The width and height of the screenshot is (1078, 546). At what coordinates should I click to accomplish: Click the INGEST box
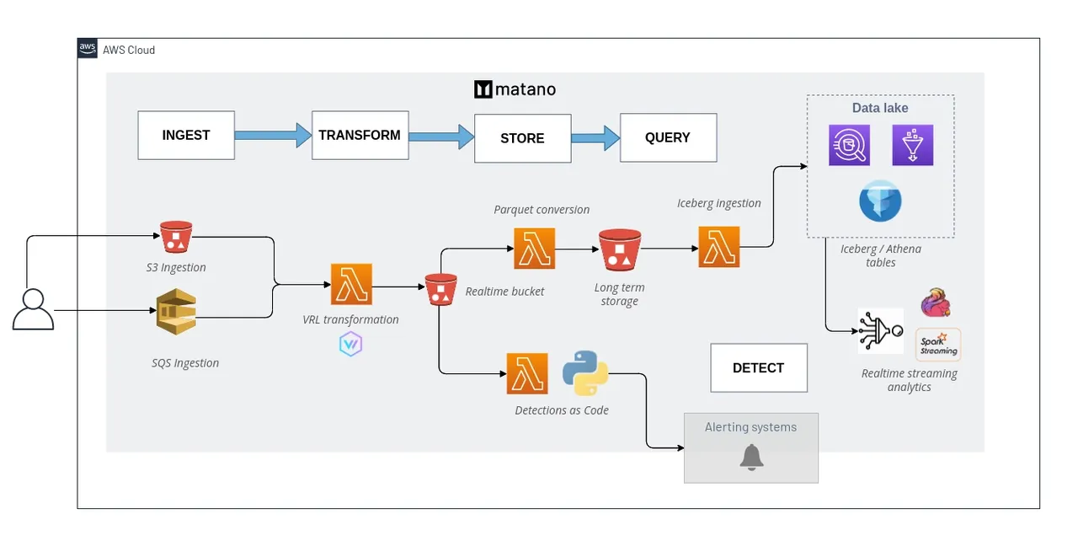click(x=186, y=136)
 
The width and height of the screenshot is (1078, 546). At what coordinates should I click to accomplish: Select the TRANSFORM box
click(x=360, y=136)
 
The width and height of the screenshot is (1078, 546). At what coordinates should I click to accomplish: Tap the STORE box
click(x=523, y=138)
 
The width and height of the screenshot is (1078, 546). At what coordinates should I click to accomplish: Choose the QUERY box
click(x=668, y=137)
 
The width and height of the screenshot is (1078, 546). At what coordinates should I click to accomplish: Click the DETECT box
click(x=759, y=368)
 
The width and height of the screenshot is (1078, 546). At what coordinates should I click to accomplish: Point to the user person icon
click(x=33, y=309)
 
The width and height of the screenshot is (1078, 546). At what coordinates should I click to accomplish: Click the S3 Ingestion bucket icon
click(x=176, y=237)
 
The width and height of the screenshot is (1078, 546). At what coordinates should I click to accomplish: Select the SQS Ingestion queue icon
click(x=176, y=312)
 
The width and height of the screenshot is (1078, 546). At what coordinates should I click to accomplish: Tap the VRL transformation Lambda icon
click(x=351, y=284)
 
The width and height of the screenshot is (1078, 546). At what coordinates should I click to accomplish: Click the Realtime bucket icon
click(x=440, y=290)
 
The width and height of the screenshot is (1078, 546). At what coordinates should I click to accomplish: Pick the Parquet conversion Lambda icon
click(x=534, y=249)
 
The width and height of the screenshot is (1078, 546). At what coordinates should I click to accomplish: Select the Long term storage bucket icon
click(x=620, y=250)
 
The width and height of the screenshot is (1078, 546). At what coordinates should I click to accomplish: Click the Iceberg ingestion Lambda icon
click(x=719, y=247)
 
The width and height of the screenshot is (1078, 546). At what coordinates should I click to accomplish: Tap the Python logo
click(x=585, y=373)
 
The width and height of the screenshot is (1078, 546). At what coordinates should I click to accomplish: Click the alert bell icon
click(x=751, y=458)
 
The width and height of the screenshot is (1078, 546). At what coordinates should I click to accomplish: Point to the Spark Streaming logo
click(x=938, y=345)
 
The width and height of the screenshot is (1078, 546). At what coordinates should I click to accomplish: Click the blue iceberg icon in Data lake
click(x=880, y=201)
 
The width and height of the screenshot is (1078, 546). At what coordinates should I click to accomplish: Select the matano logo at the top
click(x=515, y=89)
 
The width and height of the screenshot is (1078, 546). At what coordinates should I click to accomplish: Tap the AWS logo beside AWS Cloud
click(x=87, y=48)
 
